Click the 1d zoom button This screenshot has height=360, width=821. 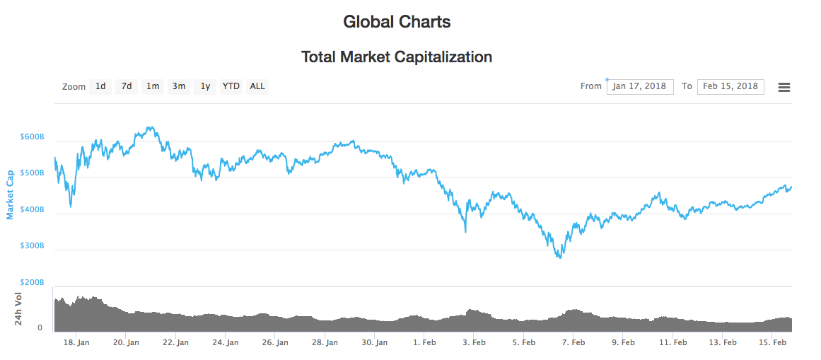(100, 86)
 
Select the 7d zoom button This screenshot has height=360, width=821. (127, 86)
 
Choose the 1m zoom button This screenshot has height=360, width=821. (153, 86)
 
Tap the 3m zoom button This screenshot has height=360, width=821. (179, 86)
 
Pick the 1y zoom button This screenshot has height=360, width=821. (205, 86)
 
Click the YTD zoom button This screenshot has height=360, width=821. (231, 86)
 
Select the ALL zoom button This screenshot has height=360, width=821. (257, 86)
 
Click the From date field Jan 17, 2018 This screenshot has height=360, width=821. (639, 86)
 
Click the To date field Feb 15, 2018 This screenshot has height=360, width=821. (730, 86)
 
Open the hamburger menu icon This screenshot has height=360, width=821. (784, 87)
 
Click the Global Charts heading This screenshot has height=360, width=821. (397, 22)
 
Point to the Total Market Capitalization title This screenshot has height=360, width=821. (397, 57)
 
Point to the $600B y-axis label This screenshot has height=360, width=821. (33, 137)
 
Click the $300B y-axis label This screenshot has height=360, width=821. (33, 246)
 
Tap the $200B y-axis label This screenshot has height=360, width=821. (33, 282)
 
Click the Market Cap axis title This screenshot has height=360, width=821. (10, 194)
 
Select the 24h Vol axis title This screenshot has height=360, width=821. (20, 308)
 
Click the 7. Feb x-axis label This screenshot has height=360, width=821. (573, 342)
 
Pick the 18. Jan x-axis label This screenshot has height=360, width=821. (76, 342)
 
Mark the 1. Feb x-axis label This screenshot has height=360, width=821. (425, 342)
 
